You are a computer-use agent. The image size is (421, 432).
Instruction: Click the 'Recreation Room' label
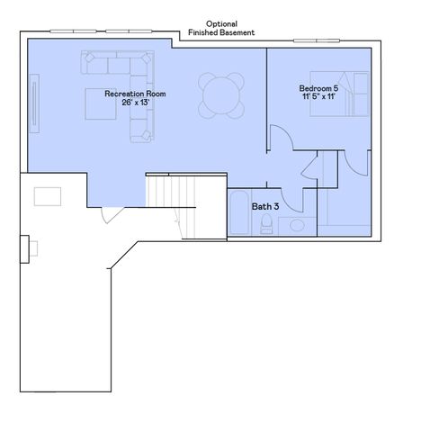click(135, 94)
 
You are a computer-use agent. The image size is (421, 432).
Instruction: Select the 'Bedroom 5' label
click(318, 88)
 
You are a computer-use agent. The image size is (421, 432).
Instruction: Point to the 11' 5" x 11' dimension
click(318, 97)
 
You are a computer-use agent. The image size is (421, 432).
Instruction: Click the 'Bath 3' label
click(264, 206)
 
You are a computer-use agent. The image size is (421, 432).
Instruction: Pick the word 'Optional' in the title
click(221, 23)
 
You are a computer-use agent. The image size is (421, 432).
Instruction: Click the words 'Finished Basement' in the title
click(221, 32)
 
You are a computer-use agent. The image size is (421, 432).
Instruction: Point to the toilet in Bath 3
click(267, 226)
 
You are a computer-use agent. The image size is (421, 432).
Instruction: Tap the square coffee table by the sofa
click(101, 103)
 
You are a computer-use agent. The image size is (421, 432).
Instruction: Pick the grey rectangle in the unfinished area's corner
click(48, 195)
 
